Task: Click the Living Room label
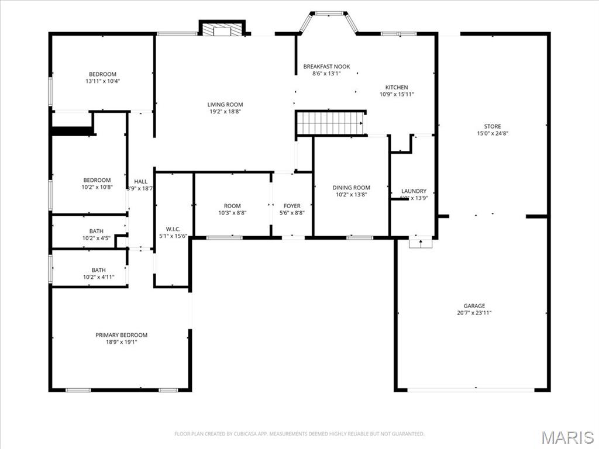[x=225, y=105]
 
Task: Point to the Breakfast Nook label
[x=326, y=67]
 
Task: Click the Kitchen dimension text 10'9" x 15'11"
[x=397, y=94]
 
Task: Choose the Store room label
[x=492, y=126]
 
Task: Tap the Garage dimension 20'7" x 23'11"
[x=474, y=313]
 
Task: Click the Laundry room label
[x=414, y=191]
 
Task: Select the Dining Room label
[x=351, y=188]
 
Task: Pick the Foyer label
[x=292, y=206]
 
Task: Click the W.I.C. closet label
[x=173, y=229]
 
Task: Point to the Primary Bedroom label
[x=121, y=335]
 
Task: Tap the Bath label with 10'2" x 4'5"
[x=97, y=231]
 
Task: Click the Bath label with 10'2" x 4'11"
[x=98, y=270]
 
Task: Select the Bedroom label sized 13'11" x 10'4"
[x=102, y=74]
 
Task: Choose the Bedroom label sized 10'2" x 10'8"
[x=97, y=180]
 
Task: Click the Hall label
[x=140, y=181]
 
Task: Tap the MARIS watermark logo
[x=567, y=438]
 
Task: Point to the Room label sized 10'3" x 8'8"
[x=232, y=206]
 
